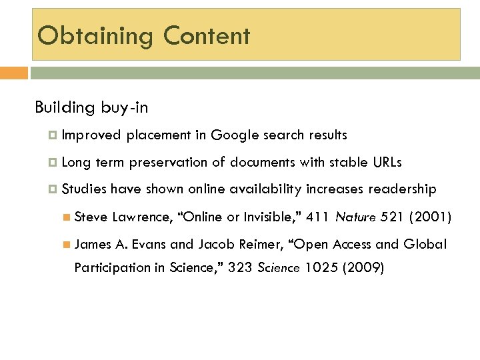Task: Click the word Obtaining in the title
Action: pyautogui.click(x=95, y=36)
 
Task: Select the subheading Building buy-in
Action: pyautogui.click(x=91, y=108)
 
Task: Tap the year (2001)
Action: pyautogui.click(x=431, y=217)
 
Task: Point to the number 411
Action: pyautogui.click(x=317, y=217)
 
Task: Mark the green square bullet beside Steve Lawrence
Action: pyautogui.click(x=66, y=217)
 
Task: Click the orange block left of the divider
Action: pyautogui.click(x=14, y=72)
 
